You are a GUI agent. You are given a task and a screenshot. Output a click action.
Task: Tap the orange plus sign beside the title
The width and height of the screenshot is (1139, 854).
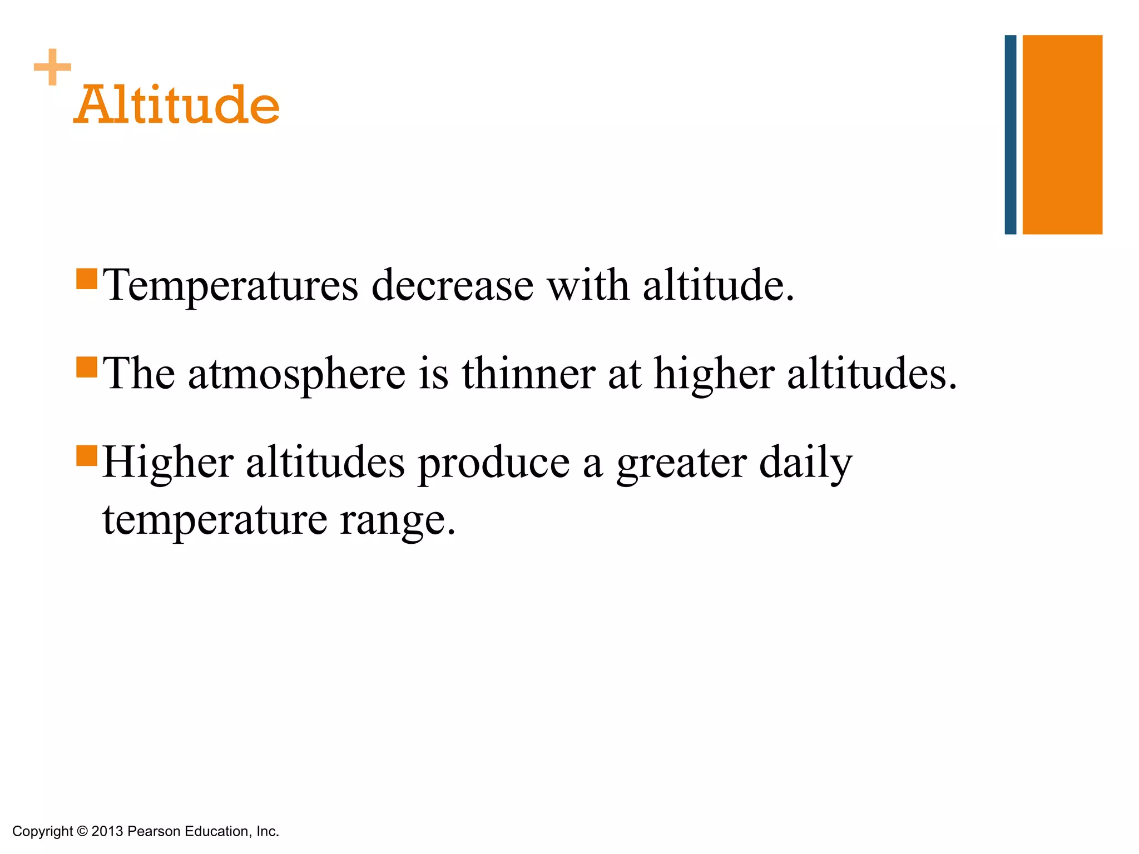[52, 67]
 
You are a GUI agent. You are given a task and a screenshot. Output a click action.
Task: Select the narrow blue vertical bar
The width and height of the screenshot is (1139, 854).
[1010, 135]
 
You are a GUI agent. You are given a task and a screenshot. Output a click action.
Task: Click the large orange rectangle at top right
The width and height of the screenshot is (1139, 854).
[1062, 135]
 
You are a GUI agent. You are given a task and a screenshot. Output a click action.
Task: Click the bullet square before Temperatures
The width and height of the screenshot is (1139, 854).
[87, 279]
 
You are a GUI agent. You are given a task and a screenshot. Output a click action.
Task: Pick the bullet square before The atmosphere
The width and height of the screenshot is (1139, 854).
[87, 367]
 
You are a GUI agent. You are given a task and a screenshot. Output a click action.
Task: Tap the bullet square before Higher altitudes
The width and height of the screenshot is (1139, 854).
[87, 455]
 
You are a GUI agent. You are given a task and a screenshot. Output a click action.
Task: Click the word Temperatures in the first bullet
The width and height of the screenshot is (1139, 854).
[231, 286]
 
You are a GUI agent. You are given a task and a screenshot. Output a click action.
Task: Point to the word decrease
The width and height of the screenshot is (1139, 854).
[452, 286]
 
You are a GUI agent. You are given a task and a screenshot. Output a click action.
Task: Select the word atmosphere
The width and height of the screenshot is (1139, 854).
[297, 374]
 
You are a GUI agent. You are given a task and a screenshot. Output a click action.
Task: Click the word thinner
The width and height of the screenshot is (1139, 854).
[528, 374]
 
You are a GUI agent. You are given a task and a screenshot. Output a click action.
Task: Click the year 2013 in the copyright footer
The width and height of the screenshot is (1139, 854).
[107, 831]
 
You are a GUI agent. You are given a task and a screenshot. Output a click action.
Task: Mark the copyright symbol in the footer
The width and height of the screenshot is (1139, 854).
[82, 831]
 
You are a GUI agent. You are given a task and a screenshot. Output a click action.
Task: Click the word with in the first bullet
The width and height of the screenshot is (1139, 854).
[588, 286]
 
